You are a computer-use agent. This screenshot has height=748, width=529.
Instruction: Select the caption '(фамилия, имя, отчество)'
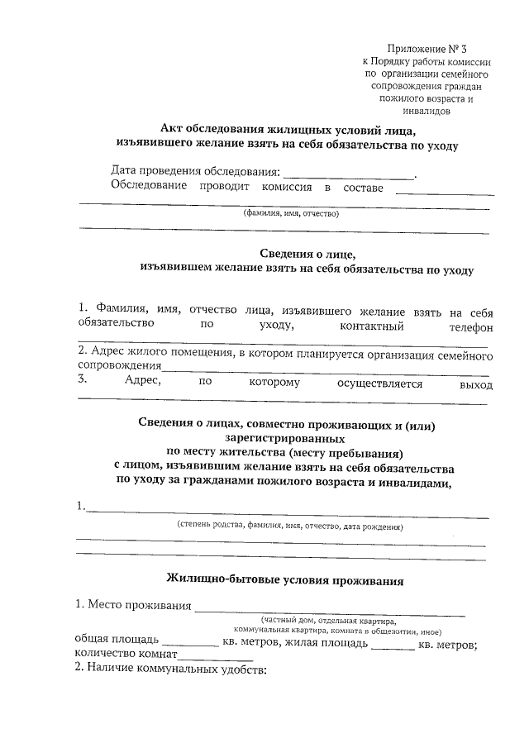pyautogui.click(x=291, y=213)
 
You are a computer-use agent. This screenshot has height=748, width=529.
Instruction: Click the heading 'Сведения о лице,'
pyautogui.click(x=307, y=254)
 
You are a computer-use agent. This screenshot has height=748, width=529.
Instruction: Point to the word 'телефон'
pyautogui.click(x=474, y=326)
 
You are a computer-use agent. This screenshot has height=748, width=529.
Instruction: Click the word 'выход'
pyautogui.click(x=475, y=384)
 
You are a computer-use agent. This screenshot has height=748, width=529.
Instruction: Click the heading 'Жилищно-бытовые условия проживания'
pyautogui.click(x=285, y=580)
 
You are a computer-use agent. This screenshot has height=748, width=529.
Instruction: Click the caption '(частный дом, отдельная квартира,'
pyautogui.click(x=328, y=620)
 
